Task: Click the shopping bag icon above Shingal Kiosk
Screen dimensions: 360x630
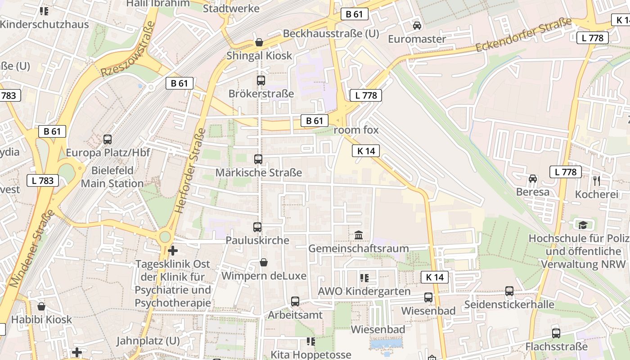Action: click(259, 42)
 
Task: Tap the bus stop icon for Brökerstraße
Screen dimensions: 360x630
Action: click(261, 81)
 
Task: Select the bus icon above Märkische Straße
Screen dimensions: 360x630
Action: click(258, 159)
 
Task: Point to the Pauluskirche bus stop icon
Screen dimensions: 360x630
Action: click(257, 227)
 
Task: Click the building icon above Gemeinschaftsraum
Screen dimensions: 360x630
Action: click(359, 235)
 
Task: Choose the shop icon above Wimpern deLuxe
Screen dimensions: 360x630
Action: click(264, 262)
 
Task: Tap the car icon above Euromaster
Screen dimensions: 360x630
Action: click(417, 26)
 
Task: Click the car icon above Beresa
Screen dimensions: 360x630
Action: click(533, 179)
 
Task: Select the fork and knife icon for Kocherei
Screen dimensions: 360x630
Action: click(597, 181)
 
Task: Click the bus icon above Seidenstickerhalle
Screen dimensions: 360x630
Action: click(509, 291)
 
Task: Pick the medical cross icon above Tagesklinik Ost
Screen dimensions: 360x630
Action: click(173, 251)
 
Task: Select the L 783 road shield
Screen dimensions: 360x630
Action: click(43, 181)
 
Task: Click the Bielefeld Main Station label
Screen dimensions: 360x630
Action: click(112, 177)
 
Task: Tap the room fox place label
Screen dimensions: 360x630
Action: click(356, 130)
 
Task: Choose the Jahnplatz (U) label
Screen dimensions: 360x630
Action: click(148, 341)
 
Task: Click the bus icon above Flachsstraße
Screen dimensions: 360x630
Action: click(556, 333)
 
